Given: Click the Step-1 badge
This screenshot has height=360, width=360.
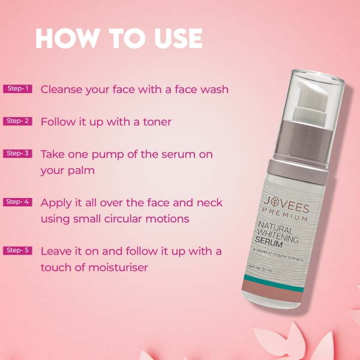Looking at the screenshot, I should click(x=17, y=89).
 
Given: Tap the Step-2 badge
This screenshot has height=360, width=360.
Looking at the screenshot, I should click(x=17, y=121).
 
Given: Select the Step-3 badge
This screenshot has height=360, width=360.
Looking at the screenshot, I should click(x=17, y=154).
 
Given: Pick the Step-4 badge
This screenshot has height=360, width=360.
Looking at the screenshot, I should click(x=17, y=202).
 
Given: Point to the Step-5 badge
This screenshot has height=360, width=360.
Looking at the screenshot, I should click(x=17, y=250).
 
